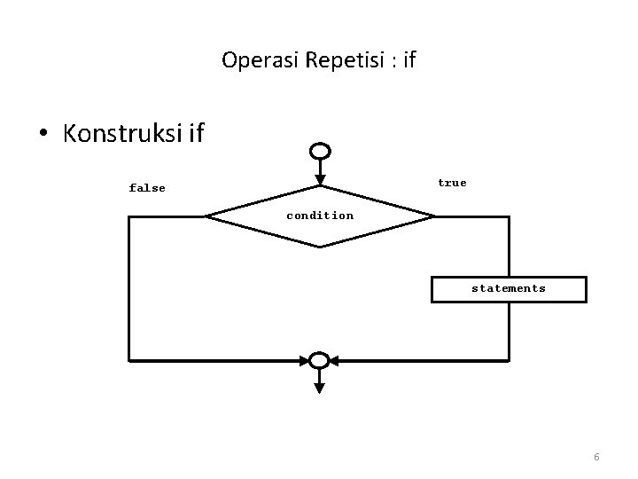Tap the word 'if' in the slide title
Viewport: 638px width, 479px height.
409,60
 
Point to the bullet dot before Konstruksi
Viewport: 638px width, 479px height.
43,135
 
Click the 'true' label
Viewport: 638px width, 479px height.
452,183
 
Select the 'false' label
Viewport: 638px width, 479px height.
147,188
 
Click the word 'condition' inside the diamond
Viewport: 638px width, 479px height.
320,216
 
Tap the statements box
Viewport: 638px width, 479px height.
508,289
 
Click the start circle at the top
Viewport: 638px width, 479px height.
321,152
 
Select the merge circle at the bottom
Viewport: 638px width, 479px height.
320,360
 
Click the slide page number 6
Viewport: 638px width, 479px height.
596,457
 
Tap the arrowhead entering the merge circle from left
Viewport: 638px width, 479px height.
303,360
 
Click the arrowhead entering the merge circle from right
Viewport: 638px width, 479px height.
338,360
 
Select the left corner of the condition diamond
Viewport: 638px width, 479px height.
206,216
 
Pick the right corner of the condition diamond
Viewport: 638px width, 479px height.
434,216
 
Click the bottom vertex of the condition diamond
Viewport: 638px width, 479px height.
320,246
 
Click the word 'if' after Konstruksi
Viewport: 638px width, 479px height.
196,134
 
